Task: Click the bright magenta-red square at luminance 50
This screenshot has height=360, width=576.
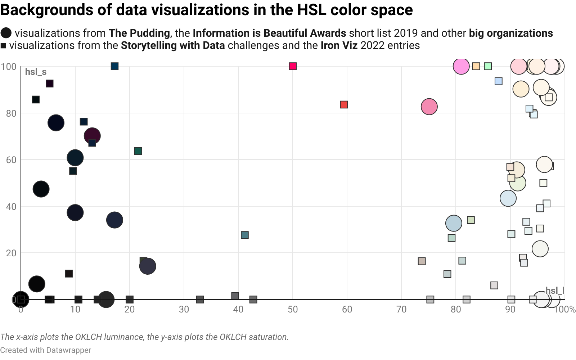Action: (x=293, y=66)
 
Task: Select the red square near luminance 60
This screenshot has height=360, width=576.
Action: (x=344, y=105)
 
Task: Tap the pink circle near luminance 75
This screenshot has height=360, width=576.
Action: (x=429, y=107)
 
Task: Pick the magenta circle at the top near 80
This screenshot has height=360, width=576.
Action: (x=461, y=66)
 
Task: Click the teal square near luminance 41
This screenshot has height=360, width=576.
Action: (x=245, y=235)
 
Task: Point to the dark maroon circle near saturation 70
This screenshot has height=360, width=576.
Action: (x=92, y=136)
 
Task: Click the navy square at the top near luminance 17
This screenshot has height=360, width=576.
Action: (x=114, y=66)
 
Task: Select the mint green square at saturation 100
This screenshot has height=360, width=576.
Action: (x=488, y=66)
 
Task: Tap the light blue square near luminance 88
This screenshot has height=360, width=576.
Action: (x=499, y=81)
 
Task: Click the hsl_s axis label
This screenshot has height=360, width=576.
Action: (x=36, y=72)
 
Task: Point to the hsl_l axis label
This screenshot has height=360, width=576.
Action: (x=555, y=291)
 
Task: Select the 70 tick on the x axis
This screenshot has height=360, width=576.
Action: (x=401, y=310)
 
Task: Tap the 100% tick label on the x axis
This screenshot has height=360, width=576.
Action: (x=565, y=310)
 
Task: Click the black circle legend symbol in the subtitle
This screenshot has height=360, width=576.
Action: (x=6, y=33)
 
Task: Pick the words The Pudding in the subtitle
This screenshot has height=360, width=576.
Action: (x=139, y=33)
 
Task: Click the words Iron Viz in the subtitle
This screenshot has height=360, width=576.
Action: (x=339, y=46)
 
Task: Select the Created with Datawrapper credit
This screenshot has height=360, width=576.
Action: (x=46, y=350)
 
